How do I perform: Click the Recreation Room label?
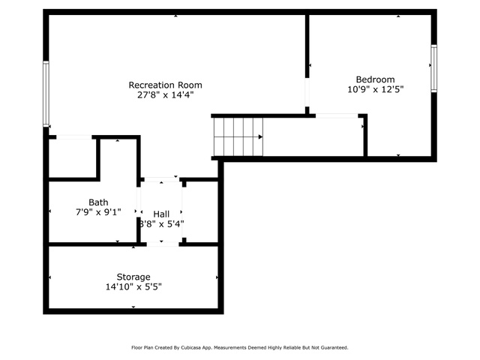coord(165,85)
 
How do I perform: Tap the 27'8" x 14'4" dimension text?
coord(165,95)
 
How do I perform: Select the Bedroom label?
coord(375,79)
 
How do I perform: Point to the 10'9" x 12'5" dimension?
coord(375,89)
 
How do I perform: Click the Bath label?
coord(98,202)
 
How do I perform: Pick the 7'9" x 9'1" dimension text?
coord(98,211)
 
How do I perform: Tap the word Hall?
coord(161,214)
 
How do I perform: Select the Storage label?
coord(133,277)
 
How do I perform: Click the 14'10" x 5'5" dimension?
coord(133,286)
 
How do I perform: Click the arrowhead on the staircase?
coord(260,136)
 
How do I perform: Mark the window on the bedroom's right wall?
coord(433,68)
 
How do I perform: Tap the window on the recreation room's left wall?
coord(46,94)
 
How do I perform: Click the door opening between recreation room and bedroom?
coord(307,92)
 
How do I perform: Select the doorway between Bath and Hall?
coord(139,202)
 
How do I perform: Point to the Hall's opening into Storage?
coord(163,244)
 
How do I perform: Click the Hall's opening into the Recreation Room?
coord(162,179)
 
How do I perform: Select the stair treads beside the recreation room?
coord(238,136)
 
